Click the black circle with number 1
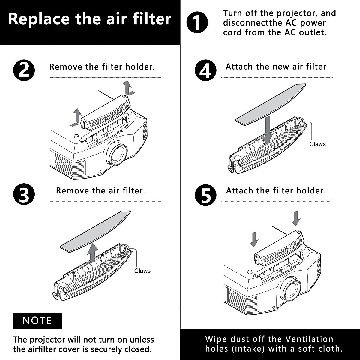197,22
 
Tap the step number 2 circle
24,71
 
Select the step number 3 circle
24,195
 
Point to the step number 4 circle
205,71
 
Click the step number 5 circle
205,195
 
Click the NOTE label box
37,321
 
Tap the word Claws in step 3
142,271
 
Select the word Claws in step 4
317,144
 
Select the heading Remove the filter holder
102,67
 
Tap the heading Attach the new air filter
276,67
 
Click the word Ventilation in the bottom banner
309,339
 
